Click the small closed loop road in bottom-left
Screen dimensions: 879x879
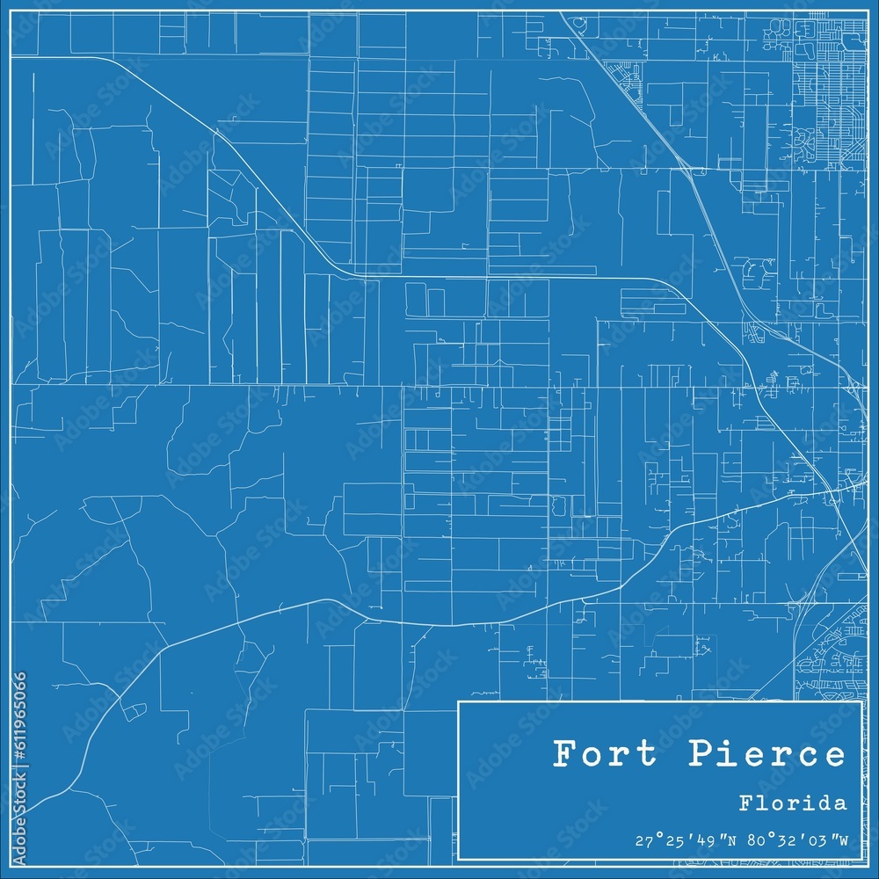[134, 710]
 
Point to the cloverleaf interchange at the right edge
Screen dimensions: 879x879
[853, 387]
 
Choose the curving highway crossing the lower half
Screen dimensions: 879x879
[439, 622]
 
